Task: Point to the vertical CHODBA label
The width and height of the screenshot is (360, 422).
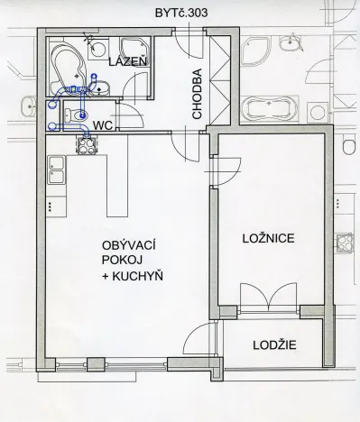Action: (197, 95)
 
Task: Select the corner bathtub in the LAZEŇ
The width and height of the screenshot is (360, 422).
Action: (66, 63)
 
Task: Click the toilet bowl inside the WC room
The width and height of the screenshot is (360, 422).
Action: (69, 115)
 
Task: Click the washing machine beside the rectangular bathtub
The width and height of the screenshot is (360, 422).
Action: (316, 111)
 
